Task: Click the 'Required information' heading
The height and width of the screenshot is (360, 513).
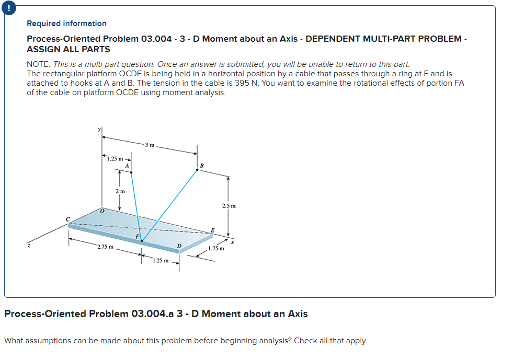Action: point(66,24)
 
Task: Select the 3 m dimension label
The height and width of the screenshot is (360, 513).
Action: point(150,144)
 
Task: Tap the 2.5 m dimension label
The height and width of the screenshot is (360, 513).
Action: point(229,206)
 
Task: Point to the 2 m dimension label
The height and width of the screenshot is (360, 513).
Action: point(120,191)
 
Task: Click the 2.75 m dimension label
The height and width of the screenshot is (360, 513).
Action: point(105,246)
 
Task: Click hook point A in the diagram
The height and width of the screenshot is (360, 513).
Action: point(131,171)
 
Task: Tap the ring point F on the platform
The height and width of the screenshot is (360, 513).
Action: point(142,240)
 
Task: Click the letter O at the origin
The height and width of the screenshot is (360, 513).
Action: point(102,211)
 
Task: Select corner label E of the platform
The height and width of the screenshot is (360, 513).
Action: point(212,230)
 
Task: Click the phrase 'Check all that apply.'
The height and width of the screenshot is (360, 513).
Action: point(330,341)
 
